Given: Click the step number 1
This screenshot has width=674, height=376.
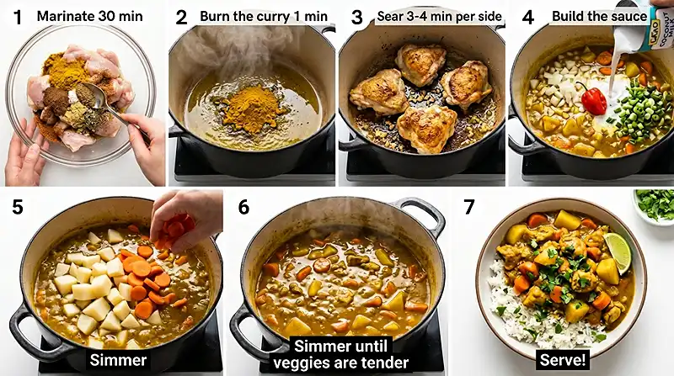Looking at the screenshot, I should pos(17,16).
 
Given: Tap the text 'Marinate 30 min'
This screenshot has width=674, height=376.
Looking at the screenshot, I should pos(89,16).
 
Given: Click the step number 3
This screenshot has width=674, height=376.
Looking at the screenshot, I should pos(356,17).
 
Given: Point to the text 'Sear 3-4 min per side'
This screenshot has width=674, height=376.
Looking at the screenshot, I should pos(436,16).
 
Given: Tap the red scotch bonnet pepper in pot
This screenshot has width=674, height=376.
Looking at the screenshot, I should pos(594,99).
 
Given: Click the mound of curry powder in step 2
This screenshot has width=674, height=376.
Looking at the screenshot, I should pos(250,109).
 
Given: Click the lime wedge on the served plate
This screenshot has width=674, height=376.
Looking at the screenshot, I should pos(618,252).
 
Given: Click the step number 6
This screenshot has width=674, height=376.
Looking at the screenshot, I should pos(243,207).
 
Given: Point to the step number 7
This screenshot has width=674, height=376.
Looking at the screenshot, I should pos(471,207).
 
